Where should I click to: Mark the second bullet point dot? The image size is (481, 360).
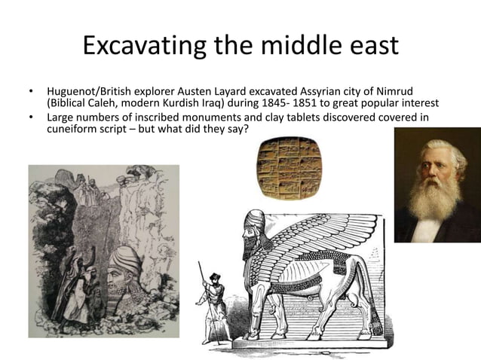31,118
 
